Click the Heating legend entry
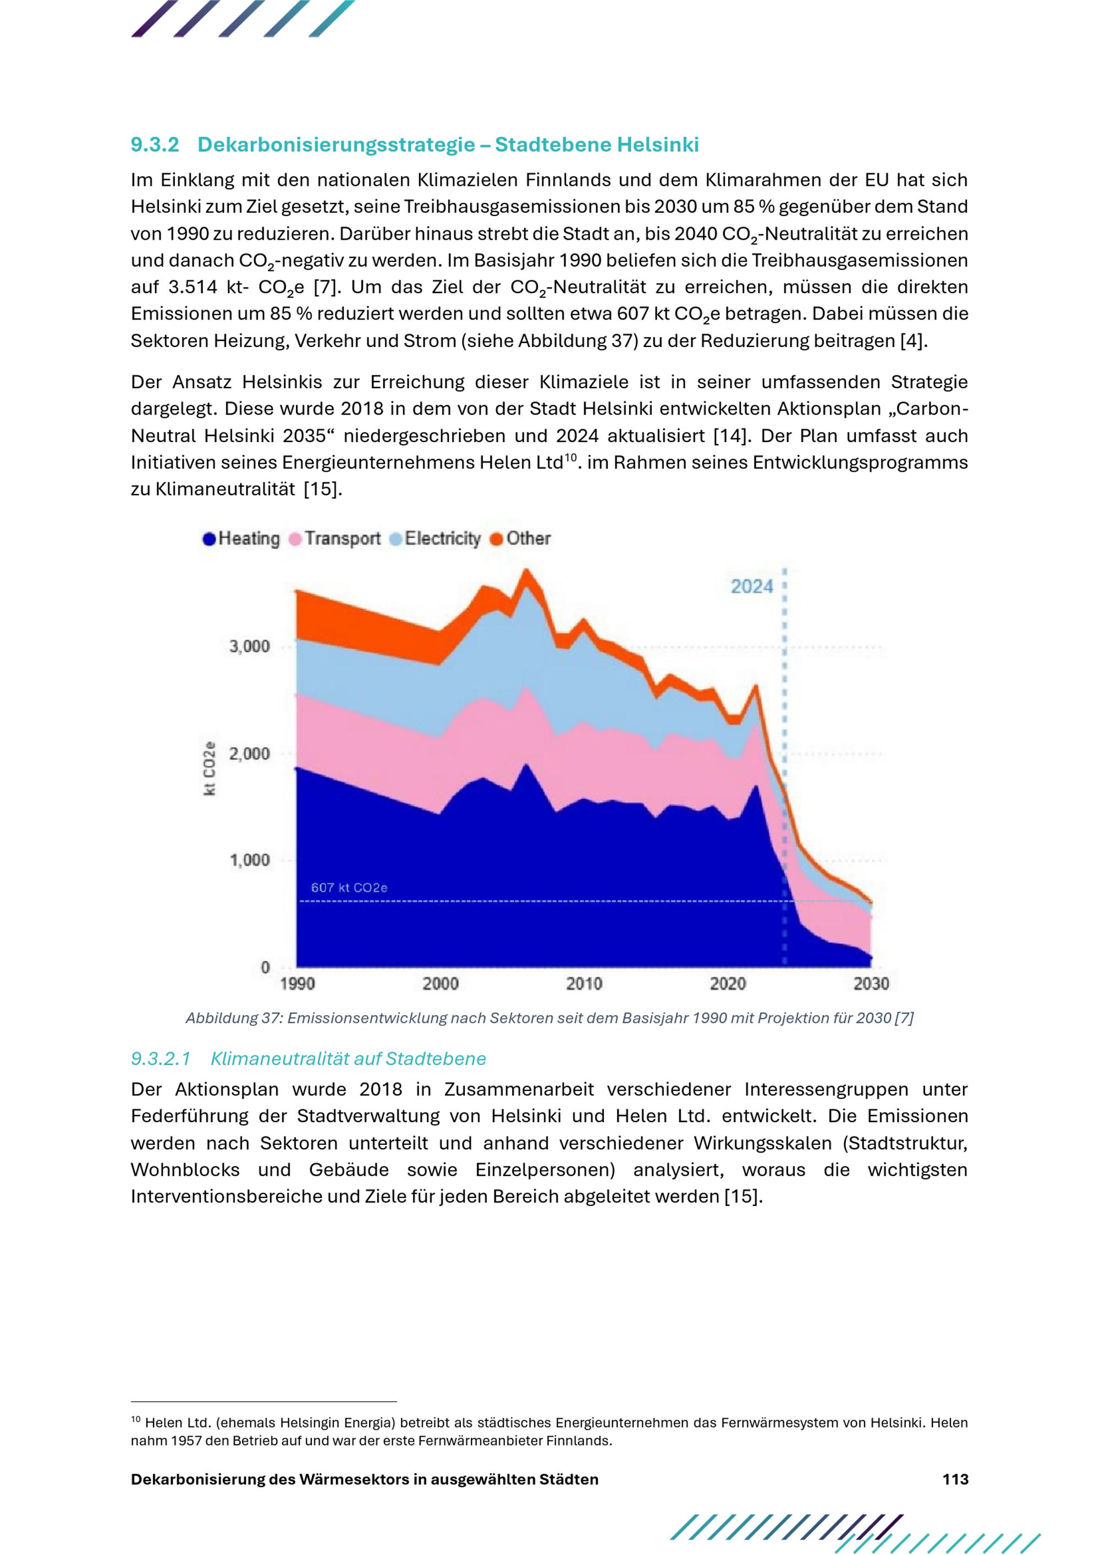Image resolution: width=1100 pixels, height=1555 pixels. tap(241, 538)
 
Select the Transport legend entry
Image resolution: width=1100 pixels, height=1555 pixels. tap(335, 538)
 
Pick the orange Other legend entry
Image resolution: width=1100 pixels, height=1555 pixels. tap(520, 538)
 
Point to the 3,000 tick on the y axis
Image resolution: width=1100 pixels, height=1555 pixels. tap(249, 646)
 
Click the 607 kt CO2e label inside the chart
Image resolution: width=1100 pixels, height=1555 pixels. tap(349, 887)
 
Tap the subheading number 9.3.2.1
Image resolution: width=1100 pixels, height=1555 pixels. tap(161, 1058)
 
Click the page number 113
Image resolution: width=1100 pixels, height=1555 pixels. tap(955, 1479)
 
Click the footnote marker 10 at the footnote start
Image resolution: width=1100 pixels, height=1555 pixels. tap(135, 1420)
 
